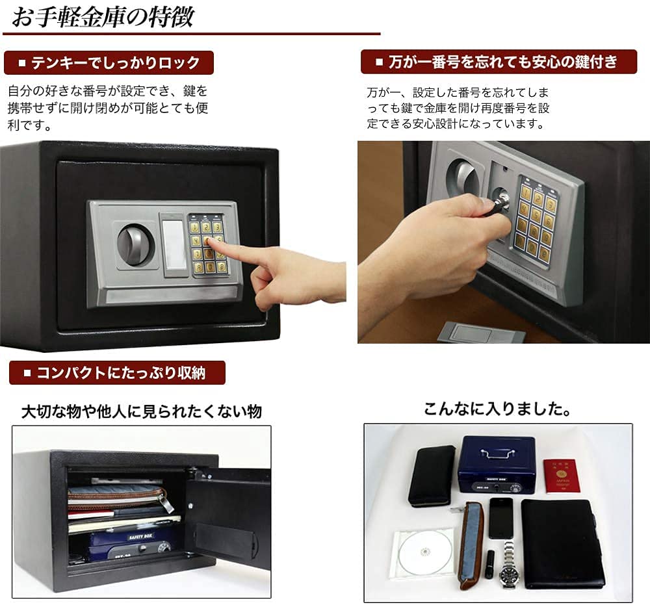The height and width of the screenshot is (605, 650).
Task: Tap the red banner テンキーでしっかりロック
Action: pos(109,63)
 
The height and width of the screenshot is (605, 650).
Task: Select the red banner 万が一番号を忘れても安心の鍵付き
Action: pos(499,62)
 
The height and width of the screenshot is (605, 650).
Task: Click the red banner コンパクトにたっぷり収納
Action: pos(117,373)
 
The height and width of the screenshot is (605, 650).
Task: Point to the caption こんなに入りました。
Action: pos(497,409)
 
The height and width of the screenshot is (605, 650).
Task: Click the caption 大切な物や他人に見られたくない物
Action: pos(141,411)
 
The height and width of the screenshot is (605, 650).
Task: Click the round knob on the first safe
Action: pos(135,245)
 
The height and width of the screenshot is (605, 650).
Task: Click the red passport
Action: pos(560,476)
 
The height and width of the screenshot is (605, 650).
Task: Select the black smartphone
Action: pos(500,517)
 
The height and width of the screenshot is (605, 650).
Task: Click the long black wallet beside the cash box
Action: pos(431,475)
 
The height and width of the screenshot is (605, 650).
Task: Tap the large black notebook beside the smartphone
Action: pos(563,543)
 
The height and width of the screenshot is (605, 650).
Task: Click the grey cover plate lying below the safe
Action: pos(481,333)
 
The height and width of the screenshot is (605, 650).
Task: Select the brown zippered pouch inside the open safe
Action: pos(117,498)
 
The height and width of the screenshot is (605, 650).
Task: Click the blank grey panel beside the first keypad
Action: pos(174,245)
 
